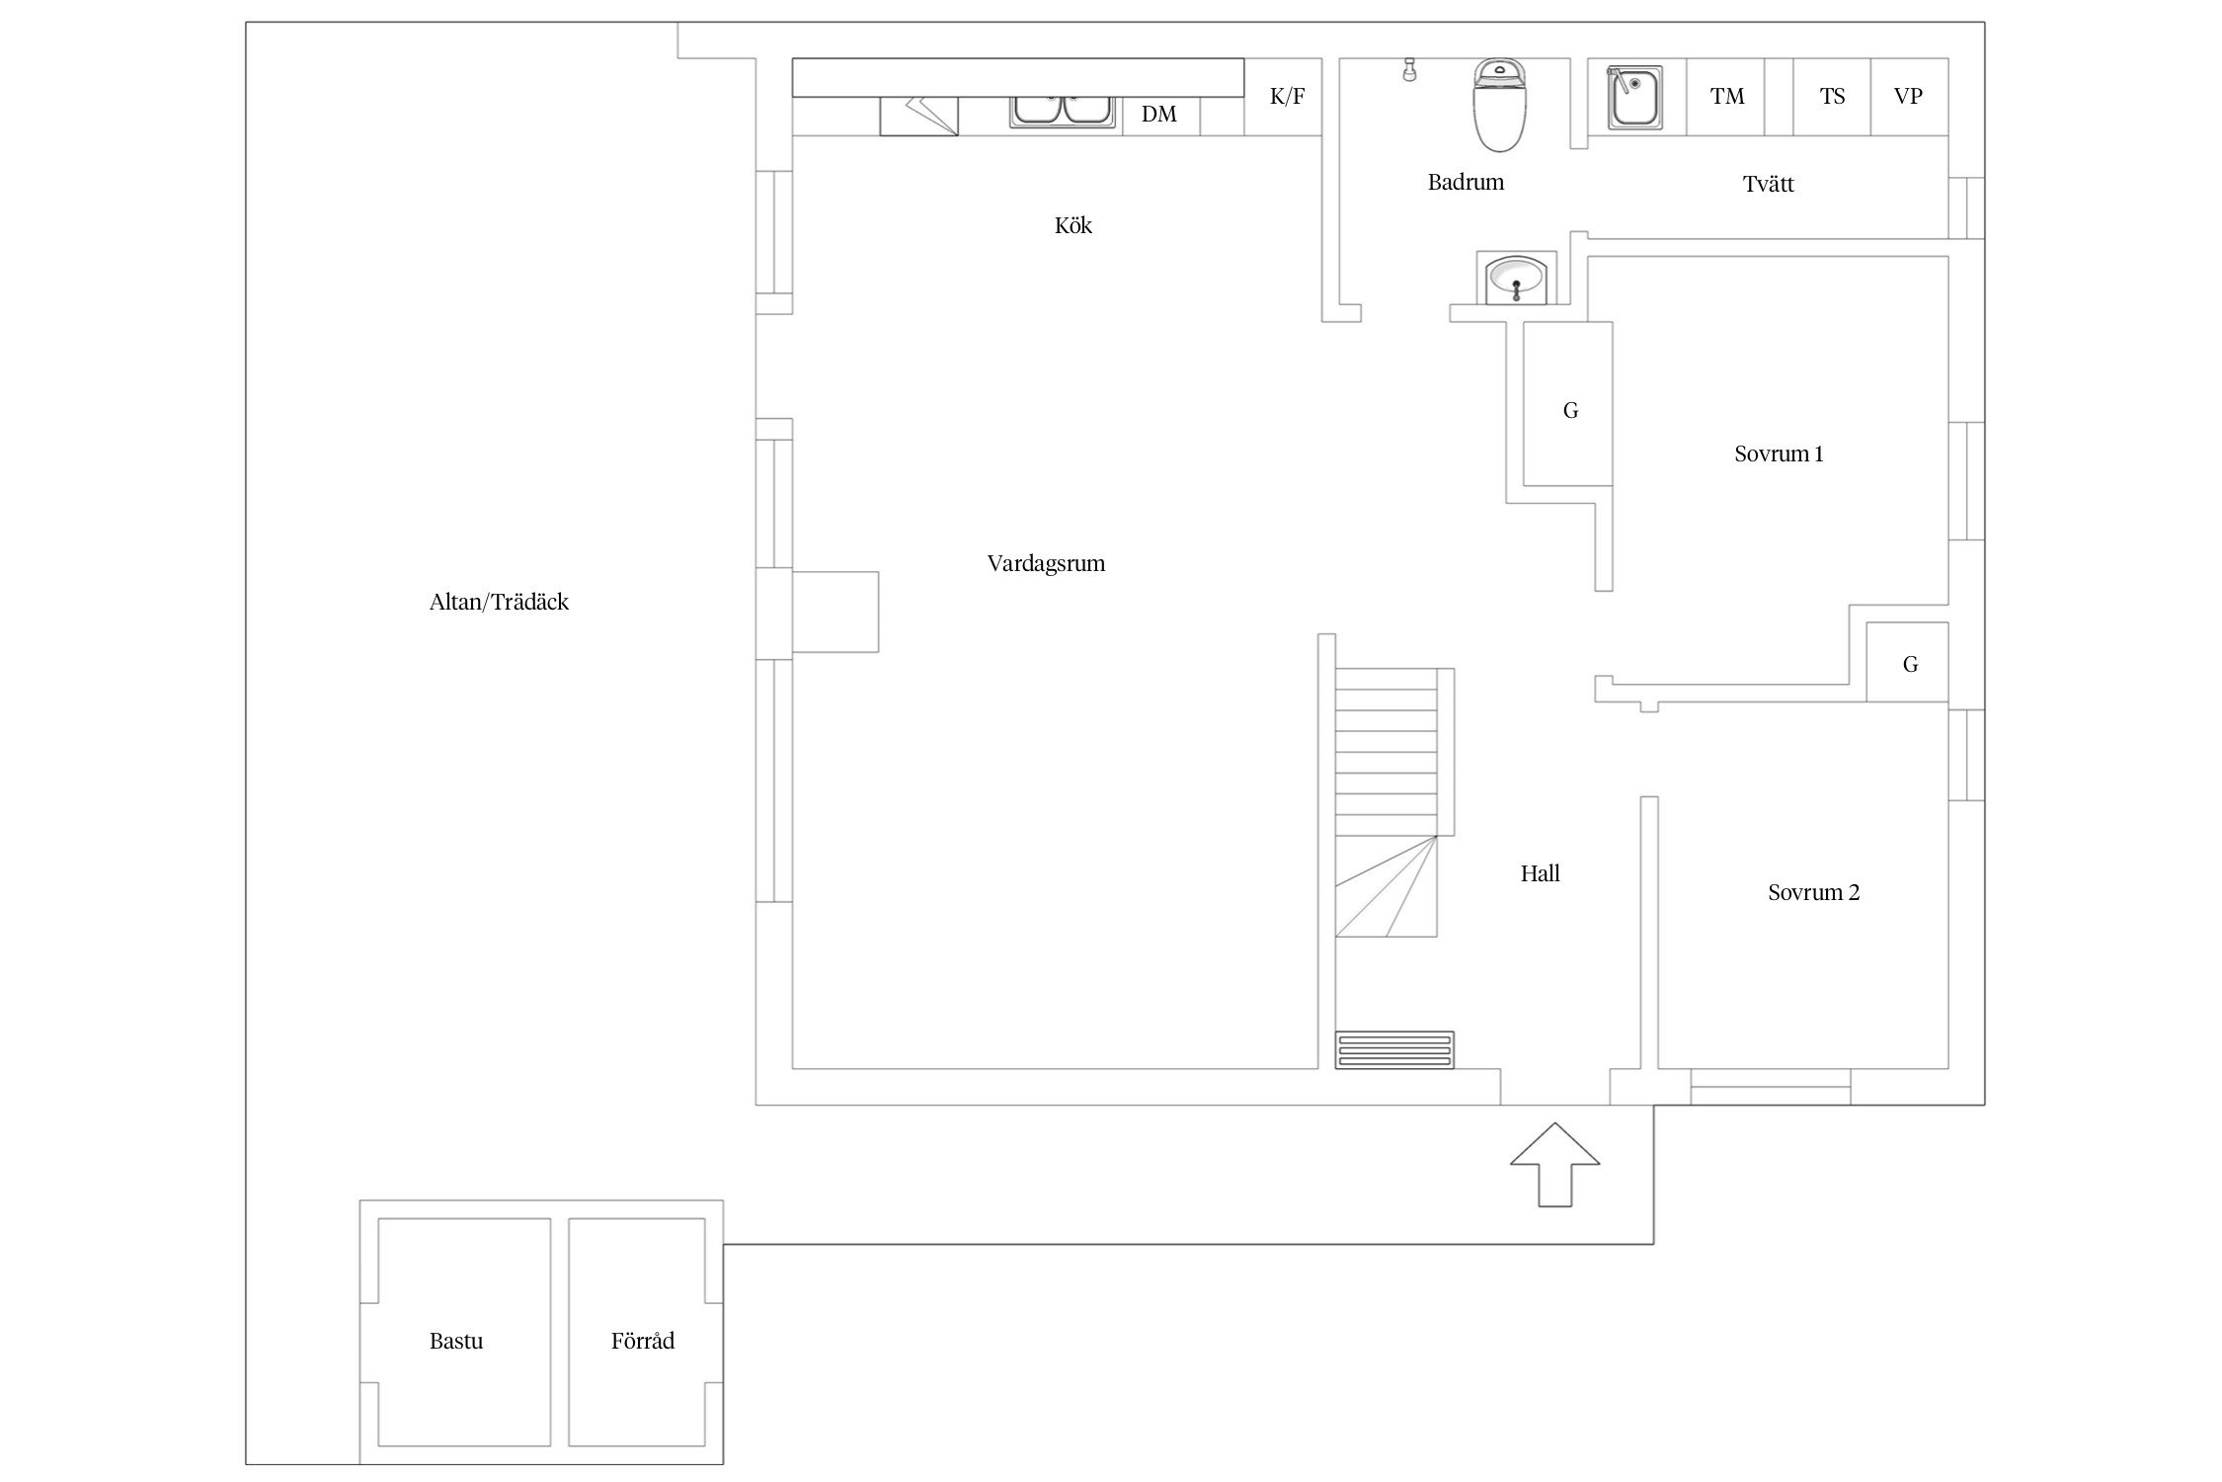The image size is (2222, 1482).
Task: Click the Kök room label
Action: pos(1072,226)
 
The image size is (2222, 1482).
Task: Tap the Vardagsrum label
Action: pos(1046,564)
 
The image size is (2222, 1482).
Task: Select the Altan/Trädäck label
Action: pos(499,603)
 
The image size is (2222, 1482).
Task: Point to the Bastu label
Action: pos(456,1342)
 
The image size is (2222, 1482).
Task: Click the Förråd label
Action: pos(643,1342)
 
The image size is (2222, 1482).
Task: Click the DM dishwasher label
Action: pos(1159,115)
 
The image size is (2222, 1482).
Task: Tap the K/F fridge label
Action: pos(1287,97)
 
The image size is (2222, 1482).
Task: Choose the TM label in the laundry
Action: pos(1727,97)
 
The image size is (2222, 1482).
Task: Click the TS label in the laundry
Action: pos(1832,97)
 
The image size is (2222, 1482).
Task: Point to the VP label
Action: pos(1908,97)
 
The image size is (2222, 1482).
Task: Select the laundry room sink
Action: pos(1635,98)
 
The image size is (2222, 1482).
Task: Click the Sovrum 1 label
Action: pos(1779,454)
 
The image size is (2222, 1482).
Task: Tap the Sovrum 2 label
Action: pos(1813,893)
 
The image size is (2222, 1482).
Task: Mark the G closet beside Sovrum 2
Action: pos(1910,665)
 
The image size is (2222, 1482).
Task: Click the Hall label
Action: pos(1540,874)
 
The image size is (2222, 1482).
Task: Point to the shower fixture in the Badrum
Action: pos(1409,69)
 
